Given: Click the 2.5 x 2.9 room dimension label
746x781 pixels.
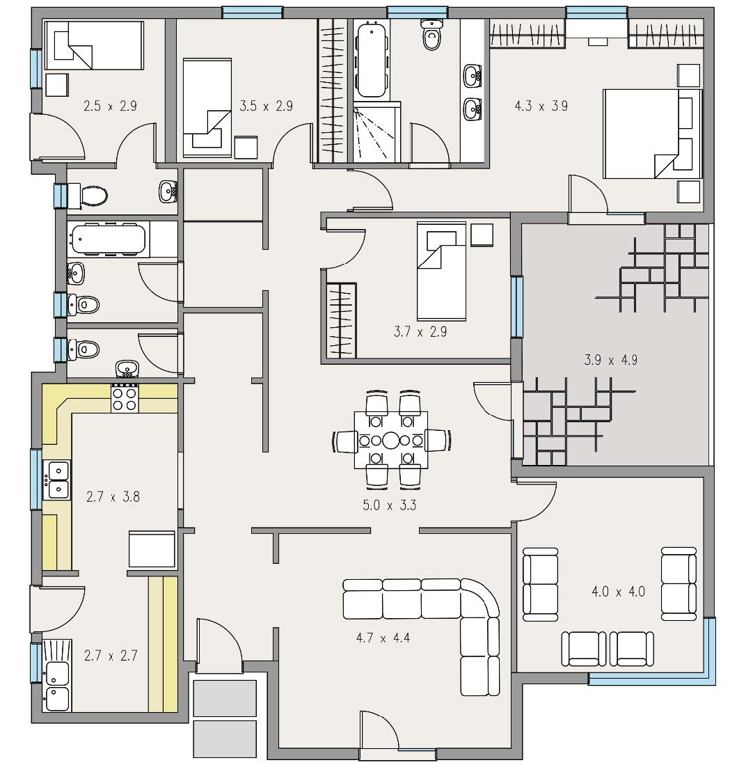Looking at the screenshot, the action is (x=110, y=106).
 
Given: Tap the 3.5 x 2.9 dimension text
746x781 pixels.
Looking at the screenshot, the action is (x=267, y=106).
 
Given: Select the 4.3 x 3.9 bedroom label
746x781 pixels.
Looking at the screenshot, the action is (x=541, y=106).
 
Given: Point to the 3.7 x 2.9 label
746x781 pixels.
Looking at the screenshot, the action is (x=420, y=332).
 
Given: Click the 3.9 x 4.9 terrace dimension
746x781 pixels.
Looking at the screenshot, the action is (x=610, y=360).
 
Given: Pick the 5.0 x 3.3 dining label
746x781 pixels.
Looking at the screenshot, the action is (x=390, y=505).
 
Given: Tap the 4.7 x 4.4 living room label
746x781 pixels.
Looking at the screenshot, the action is (x=383, y=638).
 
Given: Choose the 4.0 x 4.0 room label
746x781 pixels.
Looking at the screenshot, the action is (x=619, y=592).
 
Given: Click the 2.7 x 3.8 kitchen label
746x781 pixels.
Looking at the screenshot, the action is (x=113, y=497).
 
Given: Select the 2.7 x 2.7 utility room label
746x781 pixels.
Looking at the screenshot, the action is (x=111, y=656).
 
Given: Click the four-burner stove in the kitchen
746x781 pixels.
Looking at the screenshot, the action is (x=125, y=397).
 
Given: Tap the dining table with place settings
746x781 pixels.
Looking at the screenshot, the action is (x=391, y=440).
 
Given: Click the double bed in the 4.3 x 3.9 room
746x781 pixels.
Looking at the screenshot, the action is (x=652, y=134).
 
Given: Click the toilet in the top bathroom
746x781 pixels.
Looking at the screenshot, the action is (x=431, y=34).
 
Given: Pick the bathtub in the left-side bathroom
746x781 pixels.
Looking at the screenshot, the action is (x=109, y=239).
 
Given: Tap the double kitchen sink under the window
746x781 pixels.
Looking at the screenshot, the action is (x=57, y=480).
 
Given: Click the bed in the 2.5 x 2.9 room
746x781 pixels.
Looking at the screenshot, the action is (x=94, y=45).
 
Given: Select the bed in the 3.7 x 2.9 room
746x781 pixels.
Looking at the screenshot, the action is (x=441, y=271).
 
